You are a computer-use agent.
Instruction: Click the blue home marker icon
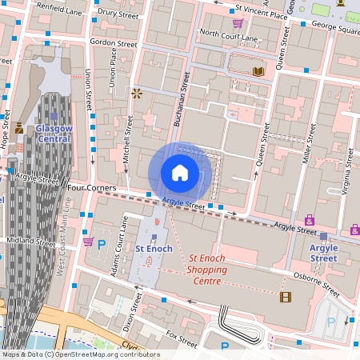click(x=180, y=173)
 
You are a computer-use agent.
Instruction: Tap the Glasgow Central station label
click(x=54, y=134)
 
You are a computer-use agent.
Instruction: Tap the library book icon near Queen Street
click(x=258, y=71)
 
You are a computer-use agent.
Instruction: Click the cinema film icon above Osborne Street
click(x=286, y=297)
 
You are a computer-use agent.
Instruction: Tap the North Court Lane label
click(x=228, y=35)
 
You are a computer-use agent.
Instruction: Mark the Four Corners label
click(x=93, y=188)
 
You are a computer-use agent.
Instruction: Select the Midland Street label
click(x=30, y=240)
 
